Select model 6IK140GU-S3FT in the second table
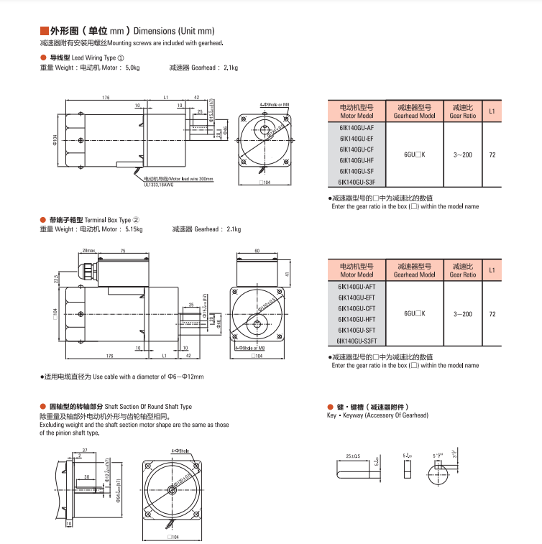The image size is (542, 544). [357, 341]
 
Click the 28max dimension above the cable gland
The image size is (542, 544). [88, 251]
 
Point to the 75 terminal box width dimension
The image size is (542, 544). [122, 251]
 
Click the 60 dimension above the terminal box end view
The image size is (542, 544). [257, 251]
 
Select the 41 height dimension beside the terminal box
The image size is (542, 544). [286, 274]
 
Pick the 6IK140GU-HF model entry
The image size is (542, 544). [357, 160]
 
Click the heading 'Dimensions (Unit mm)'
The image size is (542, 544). [175, 31]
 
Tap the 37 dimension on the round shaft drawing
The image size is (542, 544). [85, 449]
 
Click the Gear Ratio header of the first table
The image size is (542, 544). [463, 111]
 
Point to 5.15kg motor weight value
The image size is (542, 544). [134, 229]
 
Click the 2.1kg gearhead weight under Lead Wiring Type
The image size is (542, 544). [230, 68]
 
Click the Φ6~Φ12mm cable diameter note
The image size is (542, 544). [175, 377]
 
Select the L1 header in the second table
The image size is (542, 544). [492, 270]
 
